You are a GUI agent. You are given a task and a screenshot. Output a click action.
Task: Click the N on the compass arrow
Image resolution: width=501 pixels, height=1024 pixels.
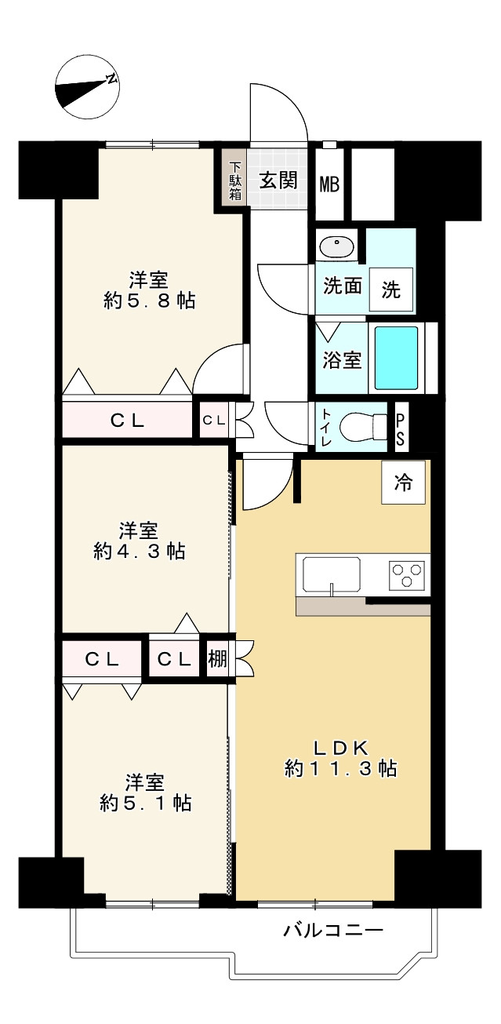[x=111, y=78]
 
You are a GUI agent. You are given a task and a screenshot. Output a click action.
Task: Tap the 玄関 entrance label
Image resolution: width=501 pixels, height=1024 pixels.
[x=278, y=180]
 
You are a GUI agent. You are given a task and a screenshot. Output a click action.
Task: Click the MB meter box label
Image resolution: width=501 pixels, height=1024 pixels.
[x=329, y=184]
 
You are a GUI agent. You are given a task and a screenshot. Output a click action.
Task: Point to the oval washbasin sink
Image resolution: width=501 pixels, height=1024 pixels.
[x=336, y=248]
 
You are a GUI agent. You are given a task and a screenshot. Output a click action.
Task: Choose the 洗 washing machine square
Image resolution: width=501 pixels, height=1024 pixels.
[x=391, y=290]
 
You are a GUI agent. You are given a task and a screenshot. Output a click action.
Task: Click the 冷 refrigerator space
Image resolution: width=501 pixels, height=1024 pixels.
[x=403, y=482]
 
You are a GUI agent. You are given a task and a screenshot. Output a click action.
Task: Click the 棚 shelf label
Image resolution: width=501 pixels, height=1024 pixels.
[x=217, y=659]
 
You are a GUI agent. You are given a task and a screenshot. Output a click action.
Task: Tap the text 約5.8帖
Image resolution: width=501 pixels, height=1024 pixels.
[x=149, y=301]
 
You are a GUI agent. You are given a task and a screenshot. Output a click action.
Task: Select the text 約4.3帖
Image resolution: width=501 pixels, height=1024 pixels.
[x=140, y=552]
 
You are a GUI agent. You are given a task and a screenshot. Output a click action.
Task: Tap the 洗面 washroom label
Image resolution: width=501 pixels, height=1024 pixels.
[x=343, y=286]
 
